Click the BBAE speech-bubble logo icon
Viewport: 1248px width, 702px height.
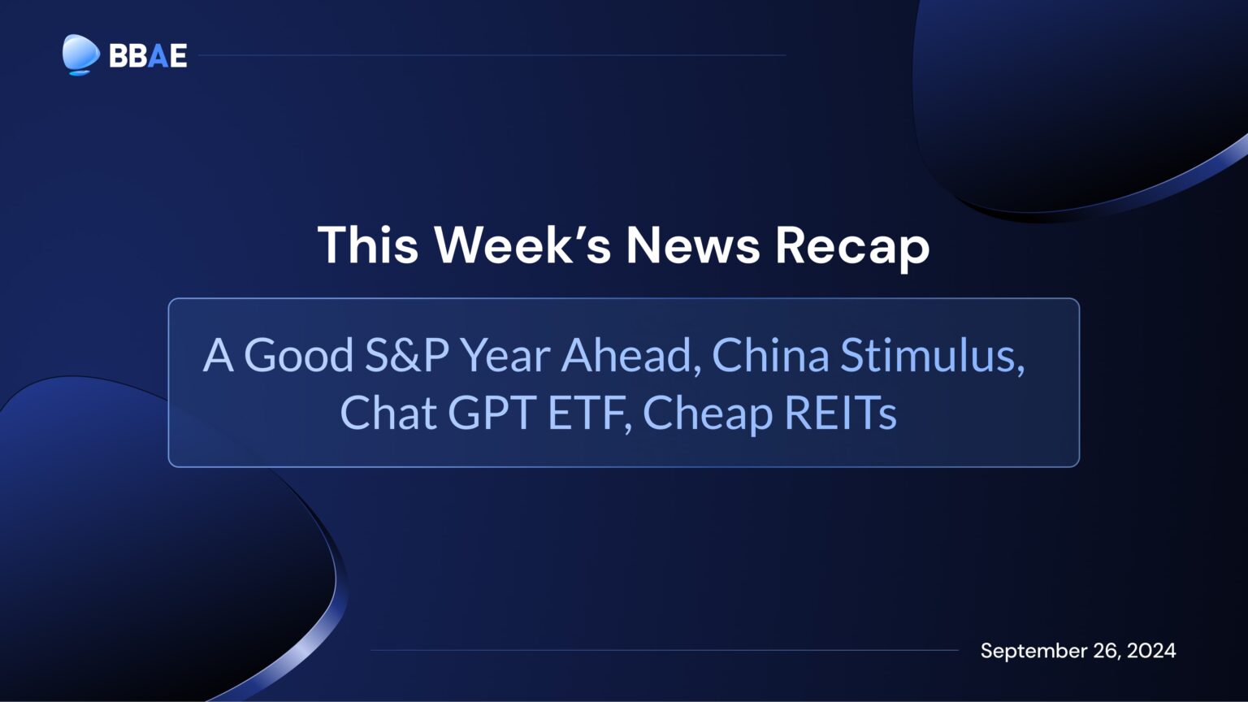coord(80,54)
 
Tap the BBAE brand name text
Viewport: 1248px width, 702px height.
coord(148,55)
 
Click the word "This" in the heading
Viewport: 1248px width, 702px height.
coord(367,245)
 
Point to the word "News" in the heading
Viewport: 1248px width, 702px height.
coord(693,245)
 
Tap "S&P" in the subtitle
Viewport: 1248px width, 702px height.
coord(406,355)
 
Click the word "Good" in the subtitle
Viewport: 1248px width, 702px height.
coord(298,355)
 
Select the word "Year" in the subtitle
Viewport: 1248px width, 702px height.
coord(505,355)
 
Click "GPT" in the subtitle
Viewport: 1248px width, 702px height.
coord(492,413)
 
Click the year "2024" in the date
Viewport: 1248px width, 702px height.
coord(1151,651)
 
